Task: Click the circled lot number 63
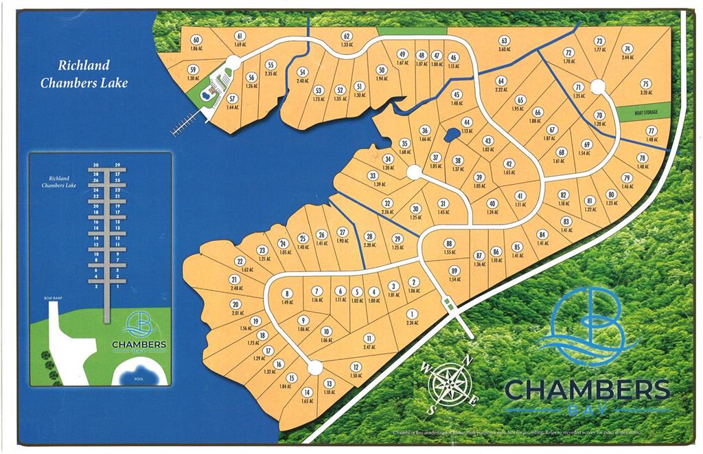[503, 41]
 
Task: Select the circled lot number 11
[369, 338]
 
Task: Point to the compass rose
[448, 383]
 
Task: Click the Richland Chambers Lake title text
[84, 74]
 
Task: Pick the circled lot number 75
[645, 83]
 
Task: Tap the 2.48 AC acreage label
[235, 288]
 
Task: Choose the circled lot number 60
[196, 41]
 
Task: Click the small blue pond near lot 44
[451, 135]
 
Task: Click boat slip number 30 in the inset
[97, 166]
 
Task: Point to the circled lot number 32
[387, 203]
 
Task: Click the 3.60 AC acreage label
[503, 49]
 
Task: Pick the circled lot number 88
[449, 244]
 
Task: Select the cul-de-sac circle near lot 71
[597, 87]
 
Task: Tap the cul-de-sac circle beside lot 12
[314, 367]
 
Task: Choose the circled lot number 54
[302, 71]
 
